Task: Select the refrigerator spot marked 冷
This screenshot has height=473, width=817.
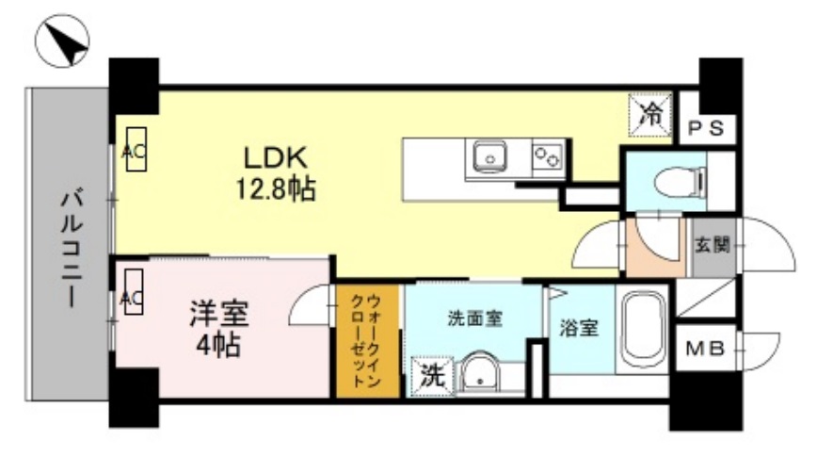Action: pos(651,113)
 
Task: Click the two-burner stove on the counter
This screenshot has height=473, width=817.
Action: pos(546,155)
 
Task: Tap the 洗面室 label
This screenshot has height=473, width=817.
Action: pos(473,318)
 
